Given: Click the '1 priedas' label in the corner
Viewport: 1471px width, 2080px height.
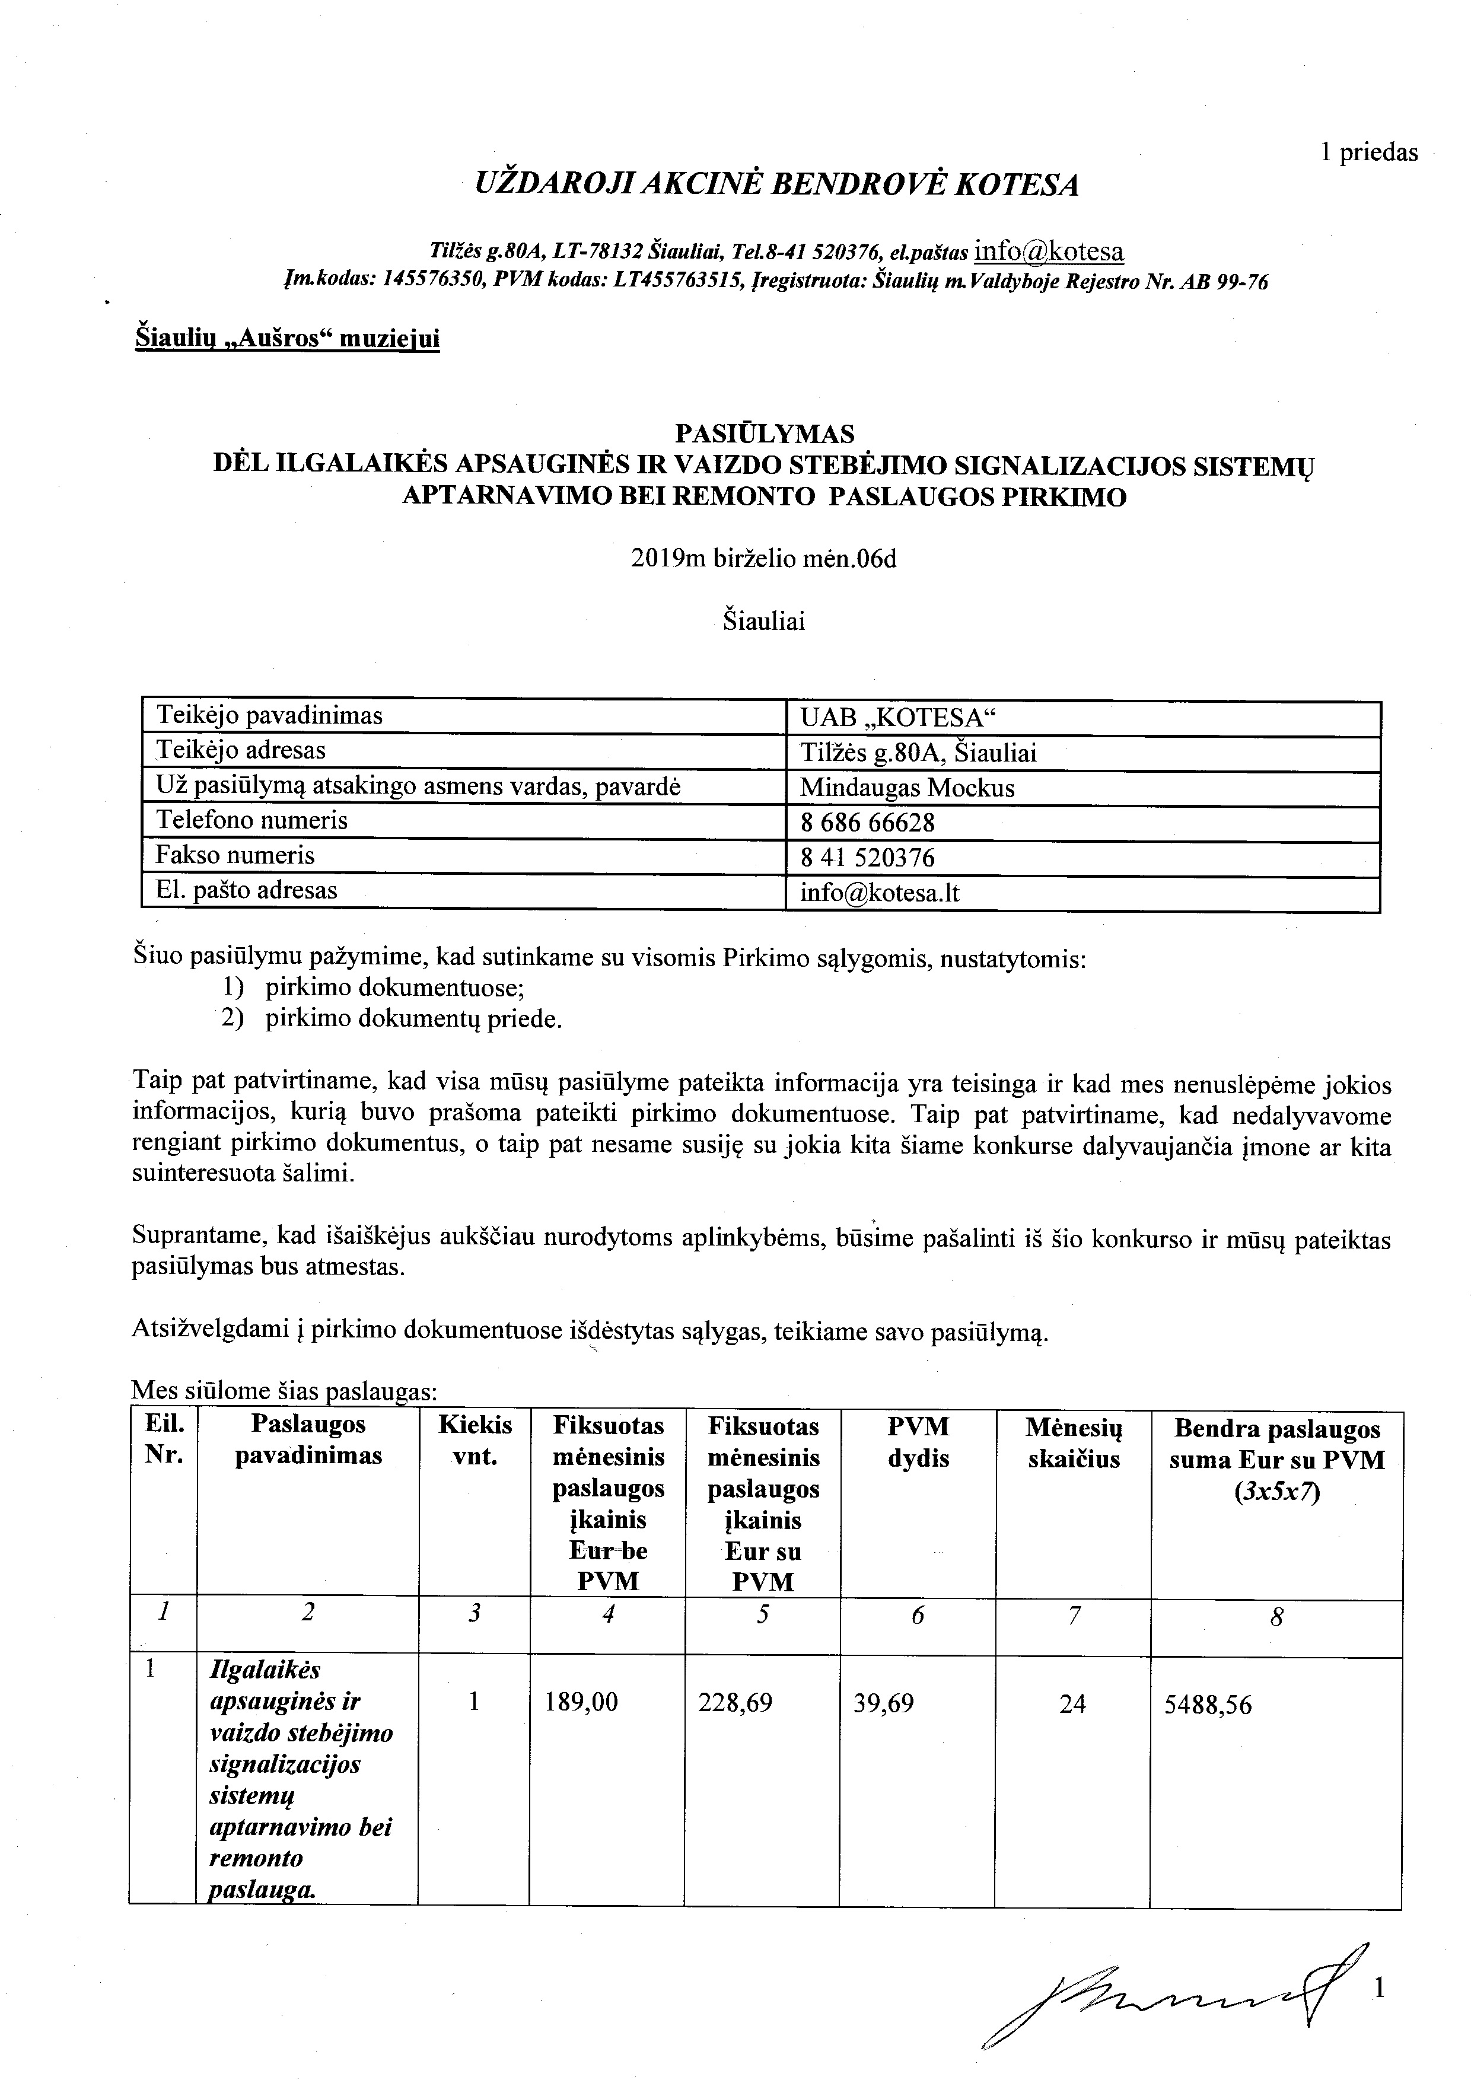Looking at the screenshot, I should click(1368, 153).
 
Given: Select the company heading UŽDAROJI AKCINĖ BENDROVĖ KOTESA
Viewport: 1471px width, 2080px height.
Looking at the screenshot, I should click(776, 185).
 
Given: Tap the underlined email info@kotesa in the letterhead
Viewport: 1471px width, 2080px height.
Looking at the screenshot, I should click(1049, 251).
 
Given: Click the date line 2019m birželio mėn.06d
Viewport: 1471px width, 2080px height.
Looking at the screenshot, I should click(763, 559).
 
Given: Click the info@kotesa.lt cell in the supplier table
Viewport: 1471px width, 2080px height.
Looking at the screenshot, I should click(878, 893).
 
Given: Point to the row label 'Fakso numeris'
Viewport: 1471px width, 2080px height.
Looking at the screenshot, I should click(235, 855).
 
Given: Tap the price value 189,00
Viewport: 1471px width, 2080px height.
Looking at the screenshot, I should click(581, 1703).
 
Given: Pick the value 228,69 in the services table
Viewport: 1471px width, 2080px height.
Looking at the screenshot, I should click(735, 1703).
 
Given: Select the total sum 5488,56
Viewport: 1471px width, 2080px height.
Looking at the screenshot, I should click(1208, 1705).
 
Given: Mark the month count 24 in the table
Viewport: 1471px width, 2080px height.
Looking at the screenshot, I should click(1072, 1704).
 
